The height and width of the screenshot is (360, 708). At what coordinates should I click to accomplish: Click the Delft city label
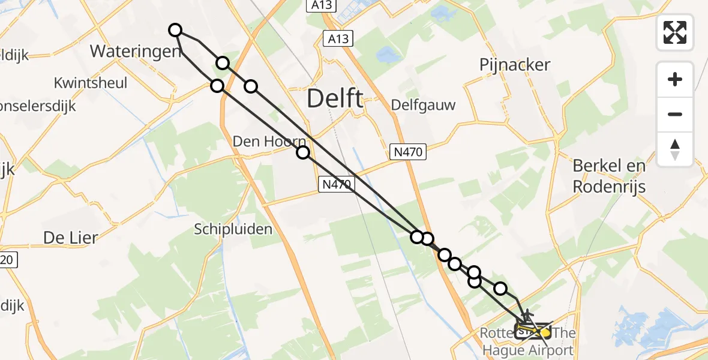click(335, 98)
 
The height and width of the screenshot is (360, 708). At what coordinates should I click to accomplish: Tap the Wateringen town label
click(136, 51)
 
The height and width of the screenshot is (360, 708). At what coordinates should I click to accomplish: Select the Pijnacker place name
click(515, 65)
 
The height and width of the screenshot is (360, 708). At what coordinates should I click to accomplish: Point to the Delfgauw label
click(423, 105)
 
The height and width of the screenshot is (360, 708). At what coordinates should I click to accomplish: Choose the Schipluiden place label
click(233, 229)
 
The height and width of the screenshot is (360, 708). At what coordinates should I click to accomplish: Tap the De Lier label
click(70, 238)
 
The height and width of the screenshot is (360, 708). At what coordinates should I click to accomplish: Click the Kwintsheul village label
click(91, 83)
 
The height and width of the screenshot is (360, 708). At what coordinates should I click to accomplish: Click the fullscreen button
click(675, 32)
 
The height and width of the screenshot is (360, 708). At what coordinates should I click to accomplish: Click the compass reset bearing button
click(675, 149)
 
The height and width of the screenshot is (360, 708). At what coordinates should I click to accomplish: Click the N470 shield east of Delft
click(409, 153)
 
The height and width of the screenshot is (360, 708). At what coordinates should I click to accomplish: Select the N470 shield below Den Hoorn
click(335, 185)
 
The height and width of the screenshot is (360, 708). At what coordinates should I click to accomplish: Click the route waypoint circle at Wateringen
click(175, 30)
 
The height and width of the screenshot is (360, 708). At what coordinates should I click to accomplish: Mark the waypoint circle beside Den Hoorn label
click(303, 152)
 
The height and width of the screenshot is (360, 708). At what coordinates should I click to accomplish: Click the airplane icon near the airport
click(527, 314)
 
